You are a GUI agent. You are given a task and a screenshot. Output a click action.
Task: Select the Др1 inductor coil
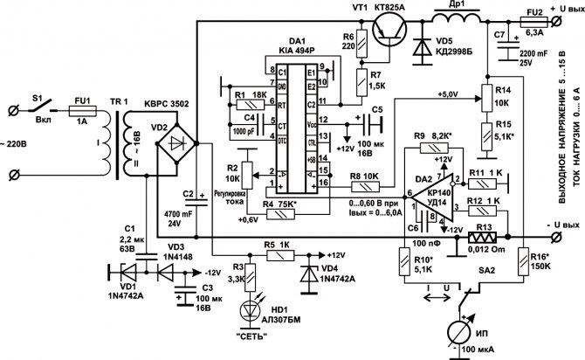454,20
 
